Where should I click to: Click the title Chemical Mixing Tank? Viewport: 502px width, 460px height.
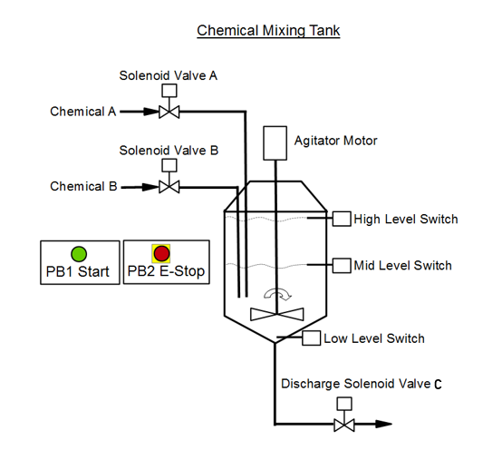[268, 31]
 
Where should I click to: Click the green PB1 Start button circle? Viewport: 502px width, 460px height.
[79, 253]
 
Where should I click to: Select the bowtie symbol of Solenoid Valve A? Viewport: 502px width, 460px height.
[168, 112]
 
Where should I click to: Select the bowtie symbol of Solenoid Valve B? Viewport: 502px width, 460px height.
[168, 187]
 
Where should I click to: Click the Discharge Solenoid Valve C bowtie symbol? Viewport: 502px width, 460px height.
[343, 425]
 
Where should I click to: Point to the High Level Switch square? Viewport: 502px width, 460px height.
[342, 219]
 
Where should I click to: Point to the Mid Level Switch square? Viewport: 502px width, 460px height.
[342, 265]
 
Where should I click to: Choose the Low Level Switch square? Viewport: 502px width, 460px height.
[311, 338]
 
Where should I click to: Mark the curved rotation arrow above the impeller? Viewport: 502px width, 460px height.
[275, 294]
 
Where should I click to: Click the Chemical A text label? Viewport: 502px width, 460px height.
[83, 112]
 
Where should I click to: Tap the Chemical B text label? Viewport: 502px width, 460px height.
[83, 186]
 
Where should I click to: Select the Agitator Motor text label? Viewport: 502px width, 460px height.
[335, 141]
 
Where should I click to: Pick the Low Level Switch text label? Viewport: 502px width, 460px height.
[374, 338]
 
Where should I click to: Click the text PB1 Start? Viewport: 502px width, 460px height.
[78, 271]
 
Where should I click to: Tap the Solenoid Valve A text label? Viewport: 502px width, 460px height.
[169, 75]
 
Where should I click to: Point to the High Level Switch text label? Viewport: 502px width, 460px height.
[406, 219]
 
